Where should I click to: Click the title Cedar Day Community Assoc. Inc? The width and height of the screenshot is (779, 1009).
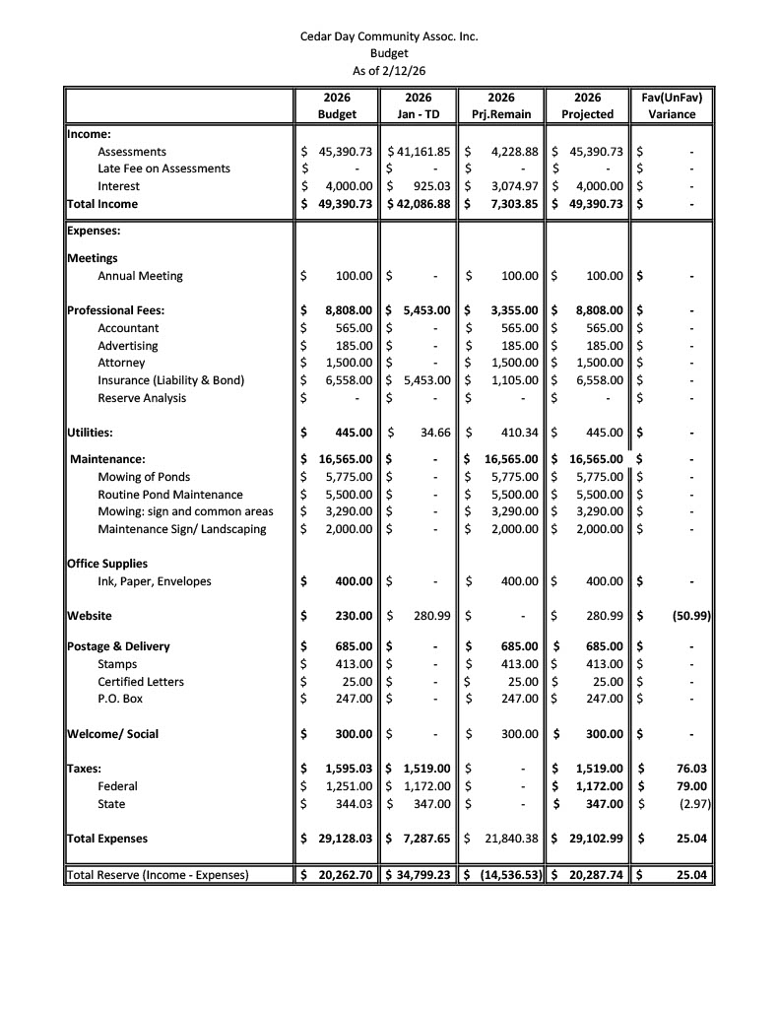[389, 36]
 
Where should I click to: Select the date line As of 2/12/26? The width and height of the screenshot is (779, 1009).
[389, 70]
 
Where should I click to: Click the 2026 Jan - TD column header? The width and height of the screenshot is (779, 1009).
[419, 105]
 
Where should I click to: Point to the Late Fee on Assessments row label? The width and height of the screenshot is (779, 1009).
[163, 168]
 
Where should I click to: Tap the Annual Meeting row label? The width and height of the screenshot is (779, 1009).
[140, 276]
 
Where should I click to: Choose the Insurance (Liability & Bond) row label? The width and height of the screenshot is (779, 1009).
[170, 380]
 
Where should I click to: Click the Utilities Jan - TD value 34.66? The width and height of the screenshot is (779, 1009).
[433, 432]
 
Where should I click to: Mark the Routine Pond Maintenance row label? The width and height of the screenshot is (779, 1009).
[169, 495]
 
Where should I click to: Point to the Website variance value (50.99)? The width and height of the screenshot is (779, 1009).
[689, 616]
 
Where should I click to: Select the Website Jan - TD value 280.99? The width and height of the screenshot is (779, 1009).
[431, 616]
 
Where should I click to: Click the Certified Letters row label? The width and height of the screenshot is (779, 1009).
[141, 682]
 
